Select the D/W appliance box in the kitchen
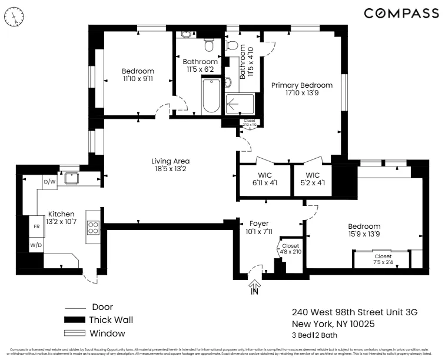(50, 182)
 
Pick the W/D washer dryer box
(36, 244)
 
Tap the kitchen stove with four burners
(93, 227)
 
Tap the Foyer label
(259, 224)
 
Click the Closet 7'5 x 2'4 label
(383, 259)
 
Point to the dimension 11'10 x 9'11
(138, 78)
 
